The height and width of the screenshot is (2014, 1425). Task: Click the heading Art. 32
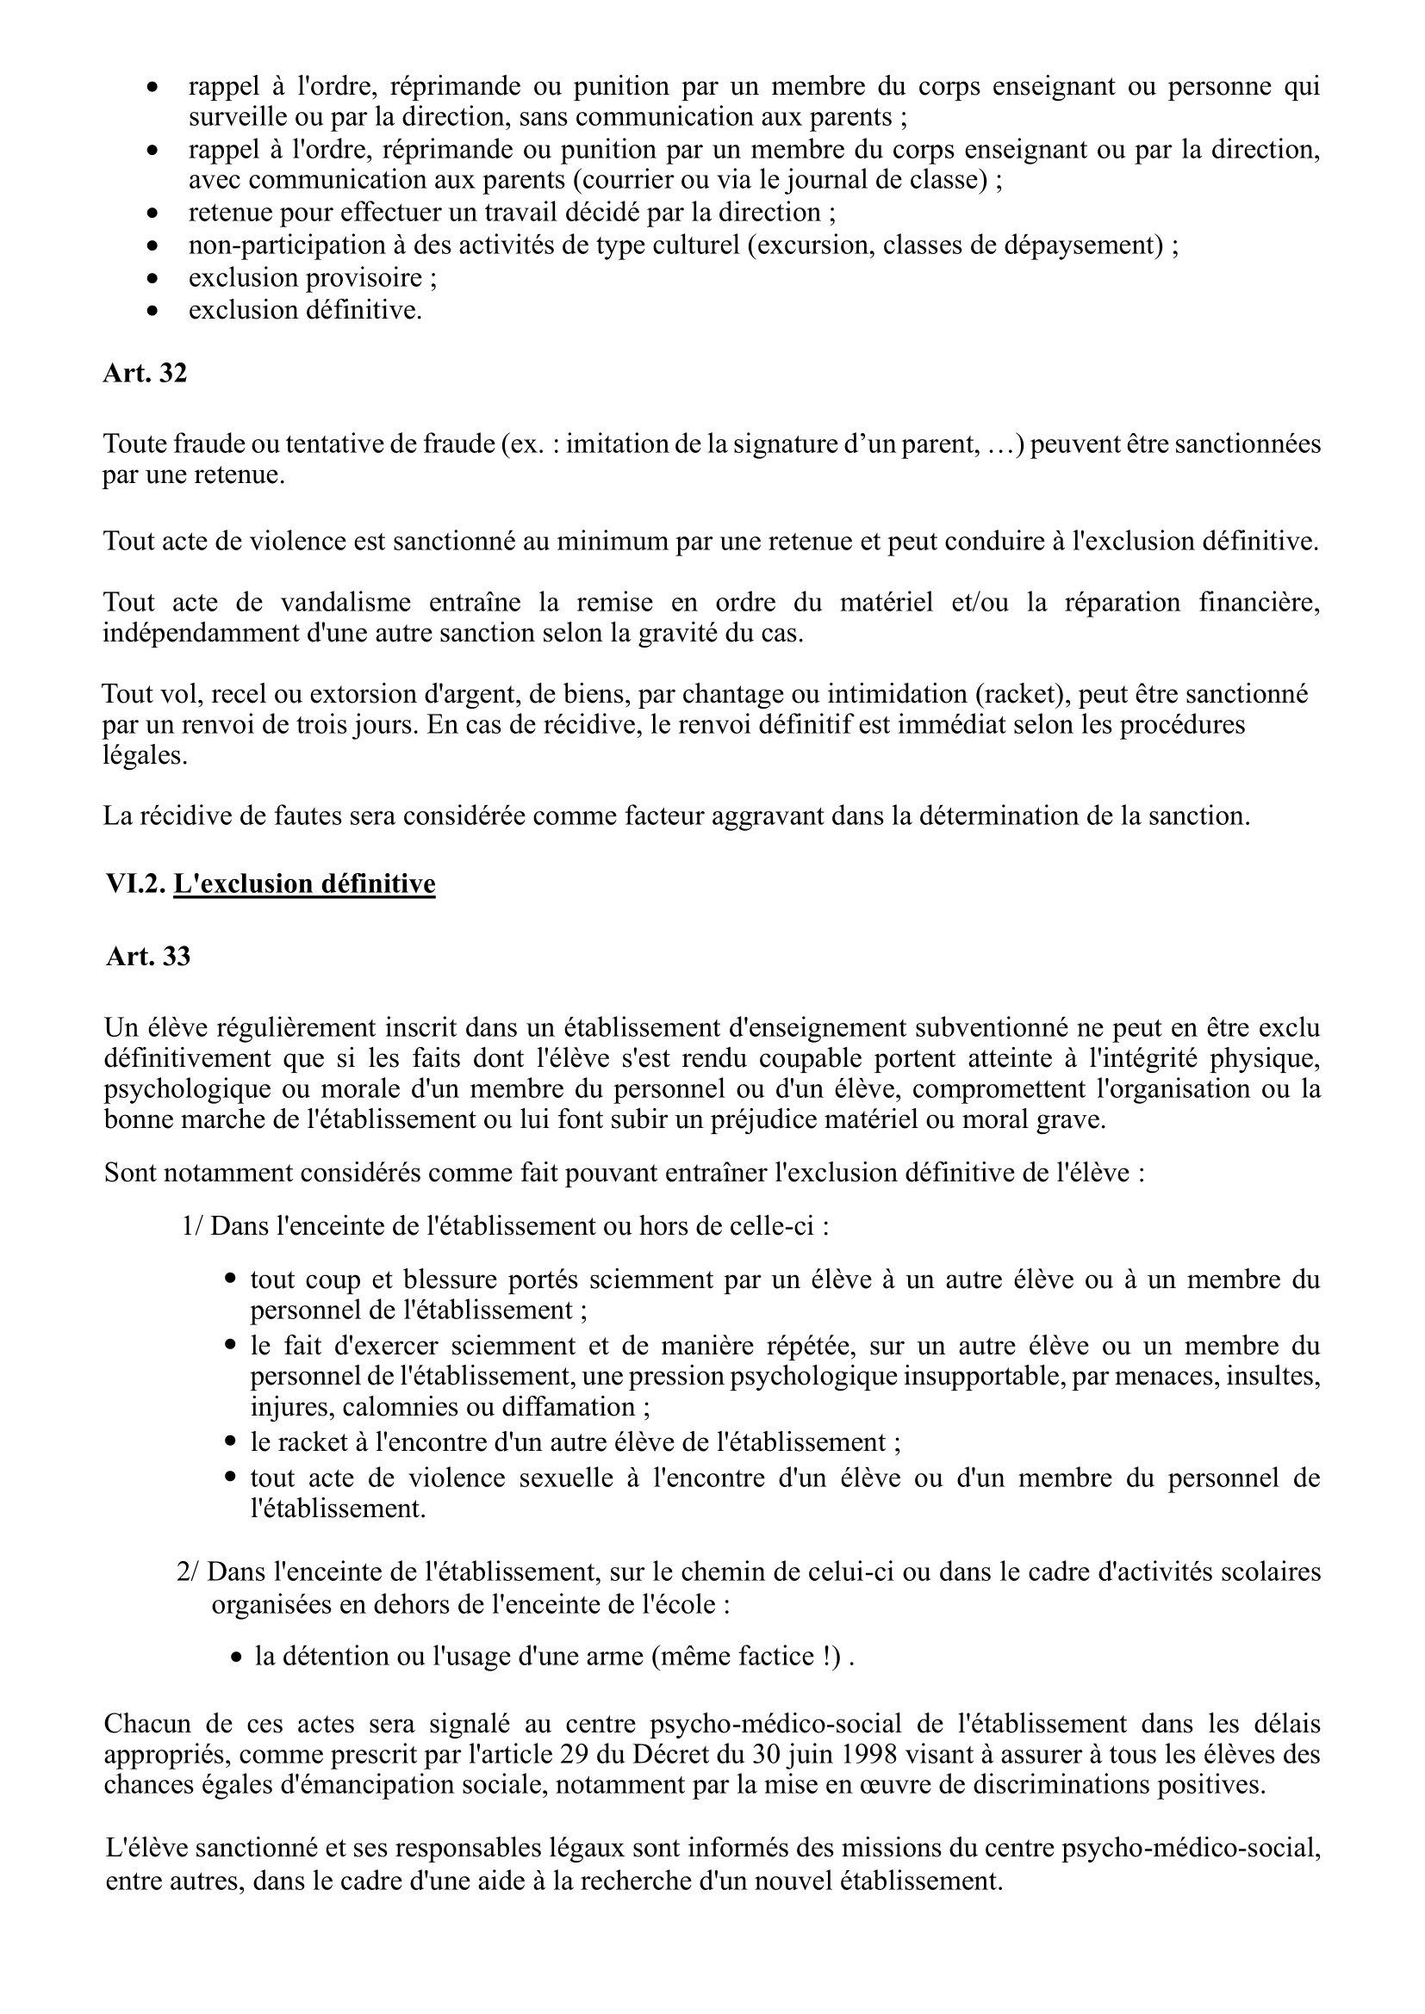point(145,374)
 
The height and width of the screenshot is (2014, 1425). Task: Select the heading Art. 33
point(147,956)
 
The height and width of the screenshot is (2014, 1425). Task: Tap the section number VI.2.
point(135,883)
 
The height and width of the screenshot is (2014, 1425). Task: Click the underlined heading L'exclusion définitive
point(303,883)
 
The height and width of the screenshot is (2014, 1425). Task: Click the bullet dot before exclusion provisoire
point(153,279)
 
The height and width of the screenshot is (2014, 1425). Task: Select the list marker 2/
point(188,1571)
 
